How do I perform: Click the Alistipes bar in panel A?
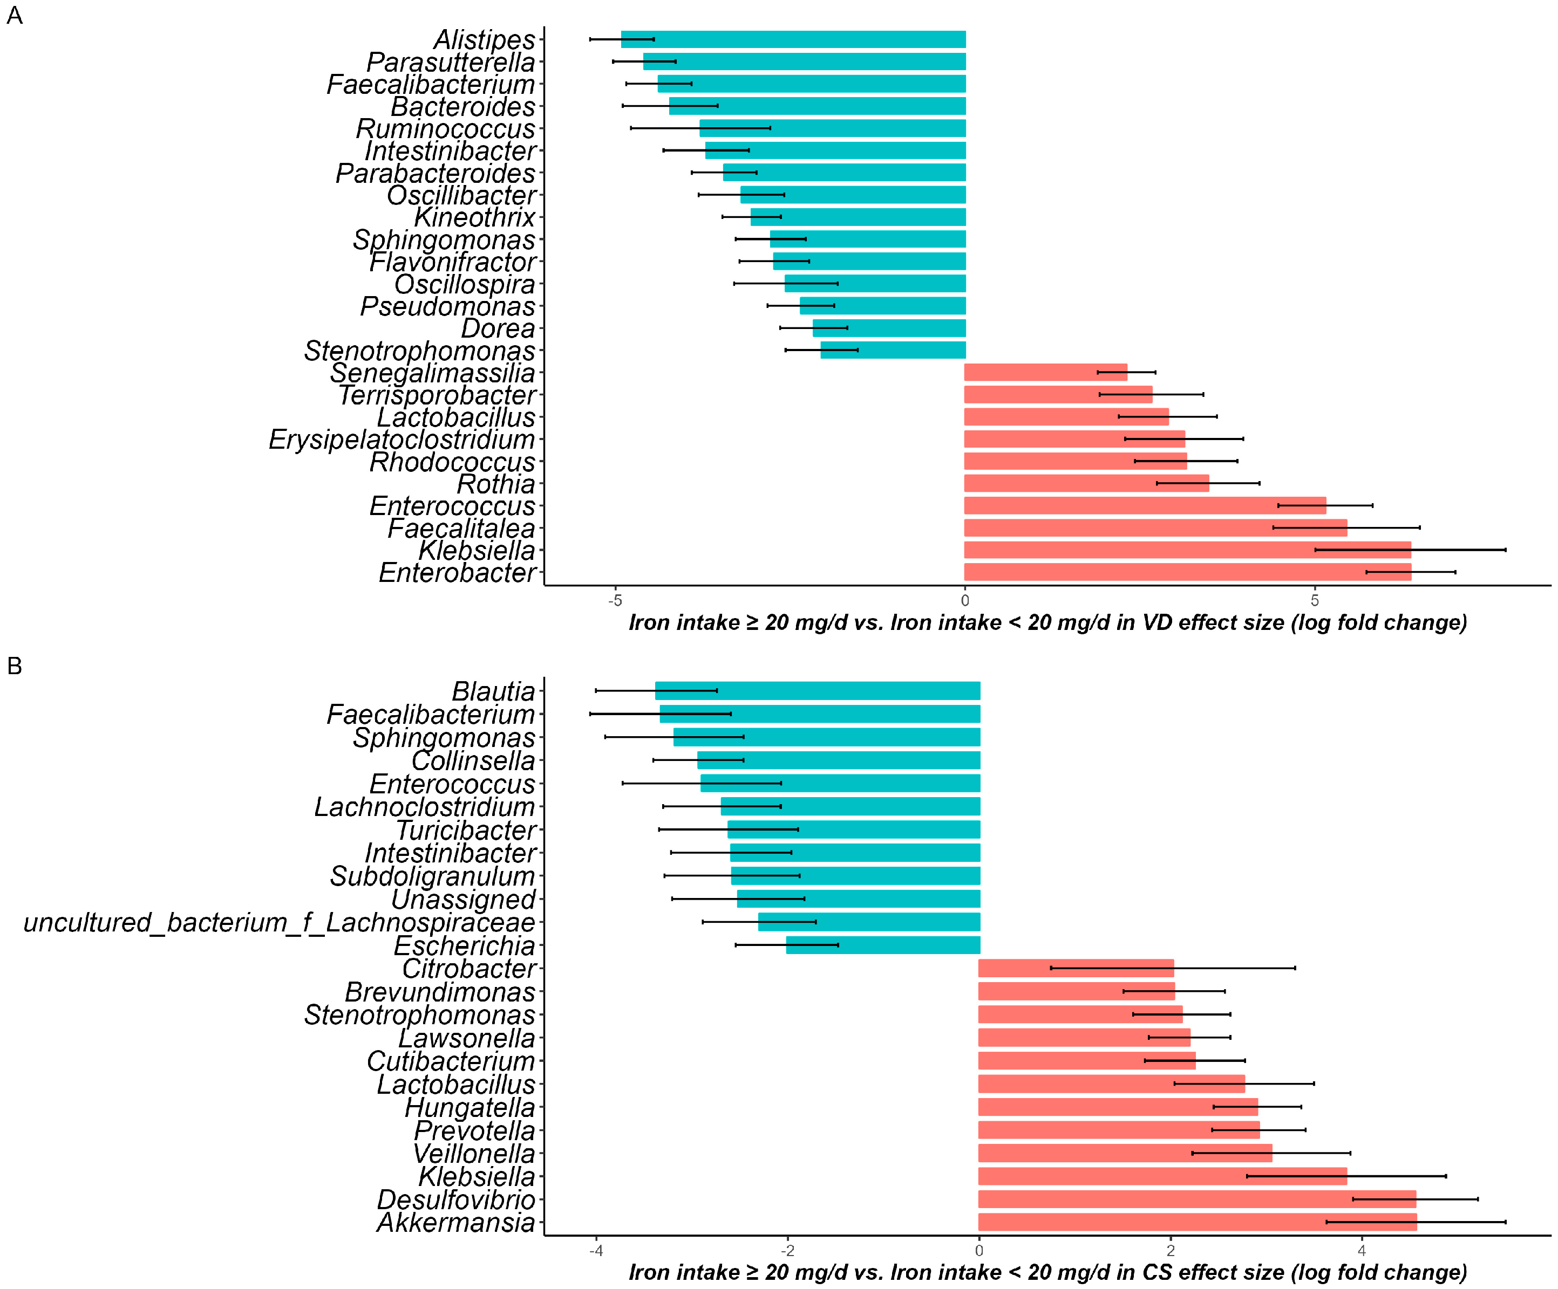pyautogui.click(x=794, y=39)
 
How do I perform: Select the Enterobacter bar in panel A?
pyautogui.click(x=1187, y=572)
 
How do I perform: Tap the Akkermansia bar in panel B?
pyautogui.click(x=1196, y=1222)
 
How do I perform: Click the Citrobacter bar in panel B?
pyautogui.click(x=1076, y=968)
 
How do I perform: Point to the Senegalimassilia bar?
pyautogui.click(x=1045, y=372)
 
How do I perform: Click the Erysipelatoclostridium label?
pyautogui.click(x=402, y=439)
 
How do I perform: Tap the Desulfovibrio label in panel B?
pyautogui.click(x=455, y=1199)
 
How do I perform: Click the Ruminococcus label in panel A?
pyautogui.click(x=445, y=128)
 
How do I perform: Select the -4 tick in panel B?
pyautogui.click(x=596, y=1250)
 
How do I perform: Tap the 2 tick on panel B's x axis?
pyautogui.click(x=1170, y=1250)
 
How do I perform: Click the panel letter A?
pyautogui.click(x=14, y=15)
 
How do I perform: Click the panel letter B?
pyautogui.click(x=14, y=666)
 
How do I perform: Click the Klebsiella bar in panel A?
pyautogui.click(x=1187, y=550)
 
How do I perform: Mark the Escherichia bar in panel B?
pyautogui.click(x=883, y=945)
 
